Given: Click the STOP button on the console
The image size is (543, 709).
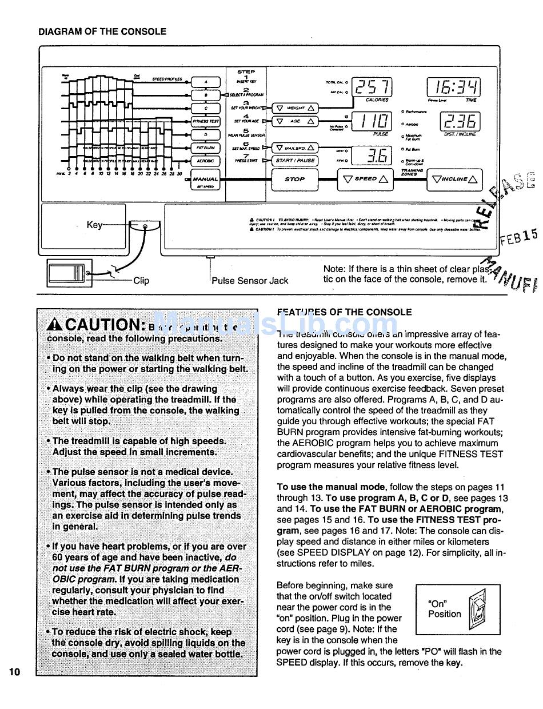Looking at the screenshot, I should [x=294, y=179].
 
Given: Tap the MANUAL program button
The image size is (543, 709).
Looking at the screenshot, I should [x=205, y=181].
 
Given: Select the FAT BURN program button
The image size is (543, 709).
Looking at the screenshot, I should [x=205, y=148].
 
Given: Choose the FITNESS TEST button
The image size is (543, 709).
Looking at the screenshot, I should [x=205, y=121].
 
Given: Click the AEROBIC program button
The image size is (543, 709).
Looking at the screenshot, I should [x=205, y=162].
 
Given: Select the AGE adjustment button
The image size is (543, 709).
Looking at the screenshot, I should [x=295, y=121].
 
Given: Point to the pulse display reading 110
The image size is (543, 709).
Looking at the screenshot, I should [x=372, y=121].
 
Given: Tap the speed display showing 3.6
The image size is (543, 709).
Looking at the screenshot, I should [x=372, y=155].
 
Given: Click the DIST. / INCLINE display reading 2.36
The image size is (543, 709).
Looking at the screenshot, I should [x=459, y=121].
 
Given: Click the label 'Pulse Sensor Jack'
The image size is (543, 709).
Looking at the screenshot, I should [x=250, y=281].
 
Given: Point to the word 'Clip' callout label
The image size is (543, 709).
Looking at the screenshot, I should [x=141, y=281].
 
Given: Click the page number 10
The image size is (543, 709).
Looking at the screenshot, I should [x=14, y=672].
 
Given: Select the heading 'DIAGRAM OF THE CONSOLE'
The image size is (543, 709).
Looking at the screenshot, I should [x=102, y=32].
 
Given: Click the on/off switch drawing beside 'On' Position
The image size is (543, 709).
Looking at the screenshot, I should [x=476, y=609].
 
